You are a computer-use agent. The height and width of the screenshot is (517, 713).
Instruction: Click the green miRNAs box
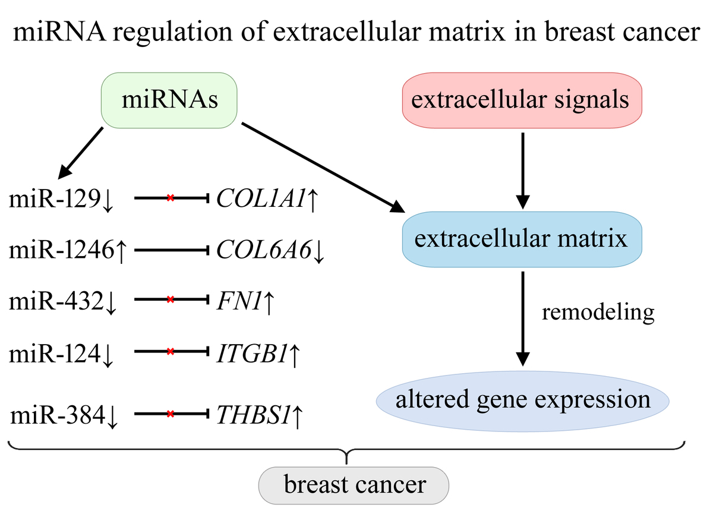[x=169, y=100]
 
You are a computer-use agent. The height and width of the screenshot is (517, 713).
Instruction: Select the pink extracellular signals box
[x=522, y=100]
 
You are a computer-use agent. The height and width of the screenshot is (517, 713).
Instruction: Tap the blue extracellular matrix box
[x=522, y=239]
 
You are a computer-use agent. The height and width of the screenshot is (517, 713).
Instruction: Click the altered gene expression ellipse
[x=523, y=401]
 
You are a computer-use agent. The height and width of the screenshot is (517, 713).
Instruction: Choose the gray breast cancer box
[x=354, y=486]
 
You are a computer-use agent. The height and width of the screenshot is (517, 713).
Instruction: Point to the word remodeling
[x=598, y=313]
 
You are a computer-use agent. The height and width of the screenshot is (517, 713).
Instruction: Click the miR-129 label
[x=55, y=199]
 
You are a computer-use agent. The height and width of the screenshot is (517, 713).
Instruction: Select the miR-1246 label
[x=61, y=250]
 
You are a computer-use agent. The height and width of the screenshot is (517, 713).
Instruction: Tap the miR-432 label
[x=56, y=301]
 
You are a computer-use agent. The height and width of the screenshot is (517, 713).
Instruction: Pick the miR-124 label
[x=55, y=354]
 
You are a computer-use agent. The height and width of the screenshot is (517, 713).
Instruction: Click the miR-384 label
[x=58, y=415]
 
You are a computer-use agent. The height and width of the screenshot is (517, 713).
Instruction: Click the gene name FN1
[x=239, y=301]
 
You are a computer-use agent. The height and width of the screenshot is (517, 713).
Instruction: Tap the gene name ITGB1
[x=252, y=354]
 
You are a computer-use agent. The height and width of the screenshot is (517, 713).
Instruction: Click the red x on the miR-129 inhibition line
[x=171, y=198]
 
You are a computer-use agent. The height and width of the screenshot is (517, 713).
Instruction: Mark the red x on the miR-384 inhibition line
[x=171, y=414]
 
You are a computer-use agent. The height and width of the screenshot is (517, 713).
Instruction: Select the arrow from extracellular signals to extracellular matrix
[x=523, y=171]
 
